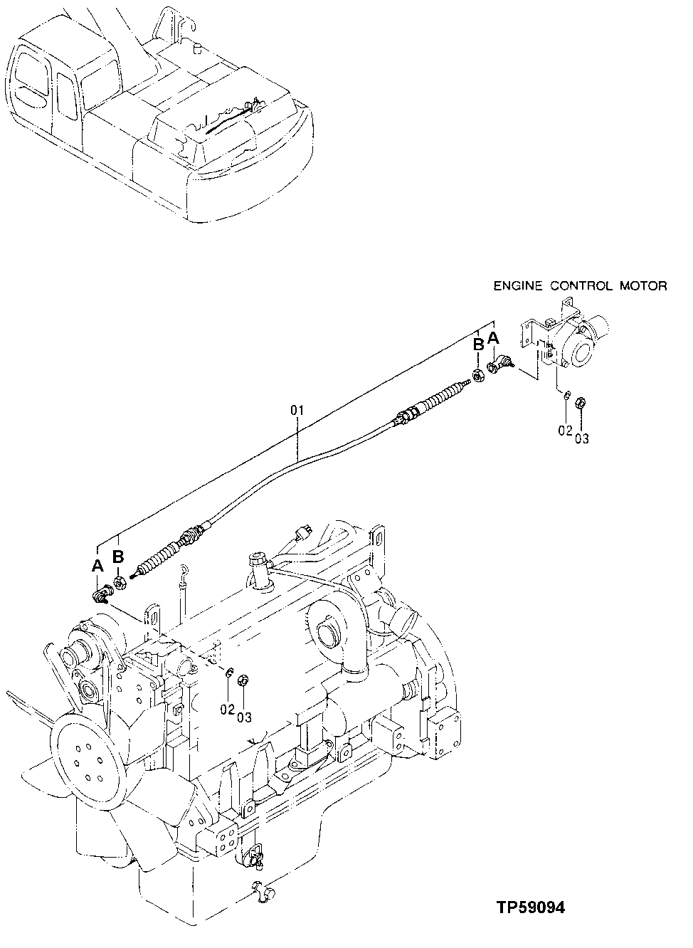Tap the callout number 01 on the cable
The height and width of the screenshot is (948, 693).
(297, 411)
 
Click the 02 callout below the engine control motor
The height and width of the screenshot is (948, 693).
(565, 430)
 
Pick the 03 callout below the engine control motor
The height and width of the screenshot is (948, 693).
(582, 438)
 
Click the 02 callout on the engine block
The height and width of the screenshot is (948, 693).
(227, 708)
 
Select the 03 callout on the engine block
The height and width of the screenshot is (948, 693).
(244, 717)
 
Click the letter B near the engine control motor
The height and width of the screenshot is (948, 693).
(479, 345)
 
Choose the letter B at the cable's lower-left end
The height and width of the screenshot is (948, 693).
(118, 557)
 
